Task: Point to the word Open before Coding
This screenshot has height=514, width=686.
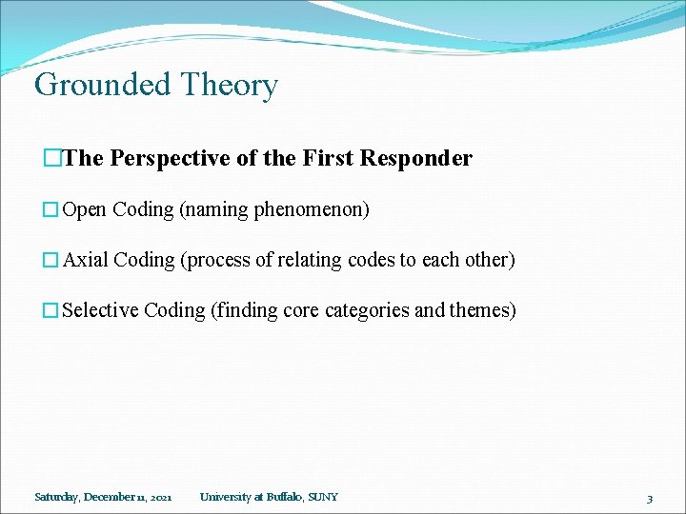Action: coord(84,209)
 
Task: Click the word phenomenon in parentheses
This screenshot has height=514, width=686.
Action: coord(311,209)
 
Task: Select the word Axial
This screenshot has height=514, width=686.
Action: coord(85,260)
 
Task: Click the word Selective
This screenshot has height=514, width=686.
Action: coord(100,310)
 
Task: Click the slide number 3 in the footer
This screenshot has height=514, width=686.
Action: coord(649,498)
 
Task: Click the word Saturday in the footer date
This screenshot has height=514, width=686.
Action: coord(56,497)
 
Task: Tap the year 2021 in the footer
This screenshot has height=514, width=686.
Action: coord(160,497)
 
